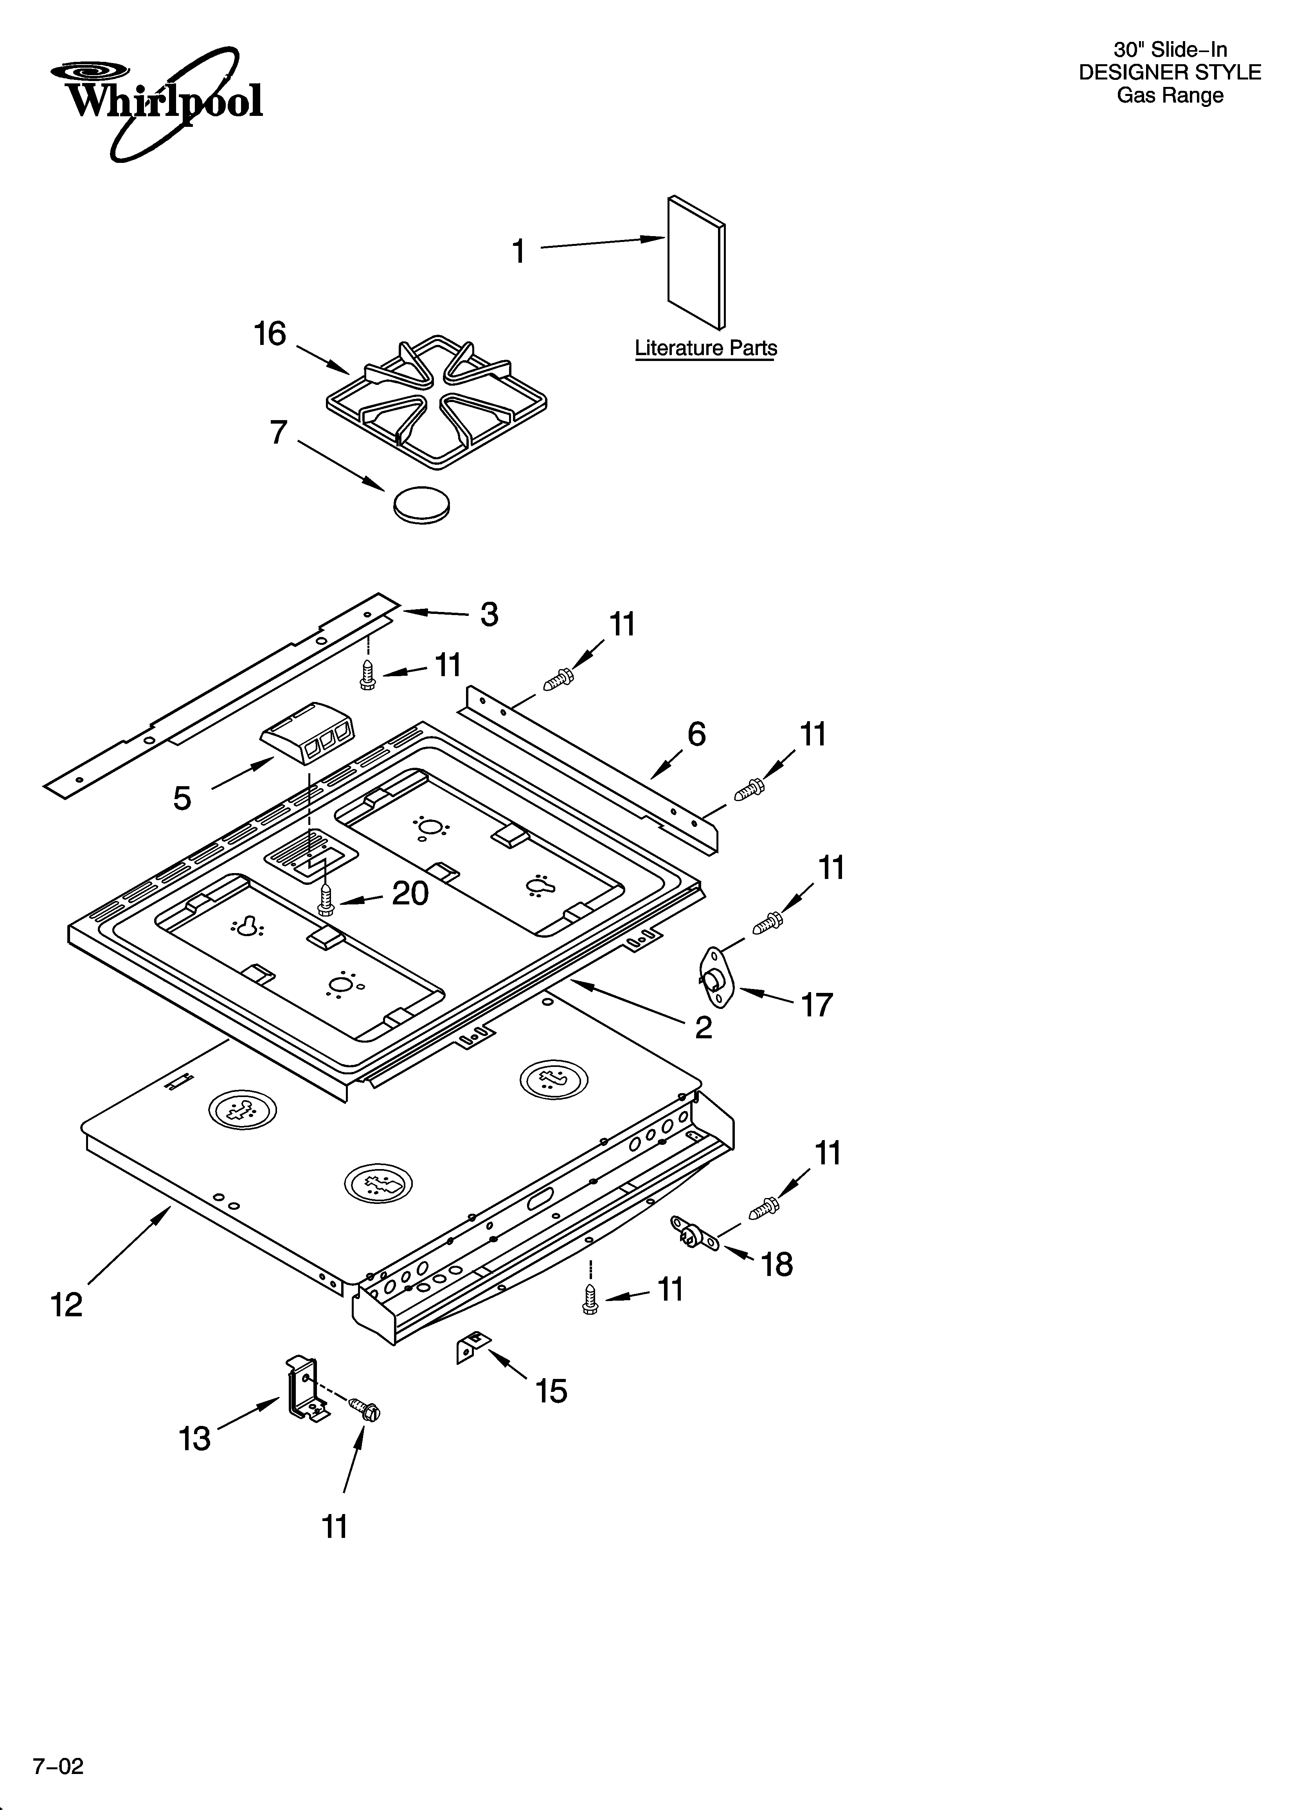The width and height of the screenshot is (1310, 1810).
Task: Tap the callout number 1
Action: [518, 251]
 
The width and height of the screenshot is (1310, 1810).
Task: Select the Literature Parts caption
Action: [705, 349]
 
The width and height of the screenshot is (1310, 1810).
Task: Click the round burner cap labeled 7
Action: [421, 504]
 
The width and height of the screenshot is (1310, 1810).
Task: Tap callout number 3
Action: [489, 615]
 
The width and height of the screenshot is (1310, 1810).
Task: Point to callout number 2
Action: [703, 1027]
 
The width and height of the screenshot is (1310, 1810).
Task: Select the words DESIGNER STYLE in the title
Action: [1170, 72]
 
